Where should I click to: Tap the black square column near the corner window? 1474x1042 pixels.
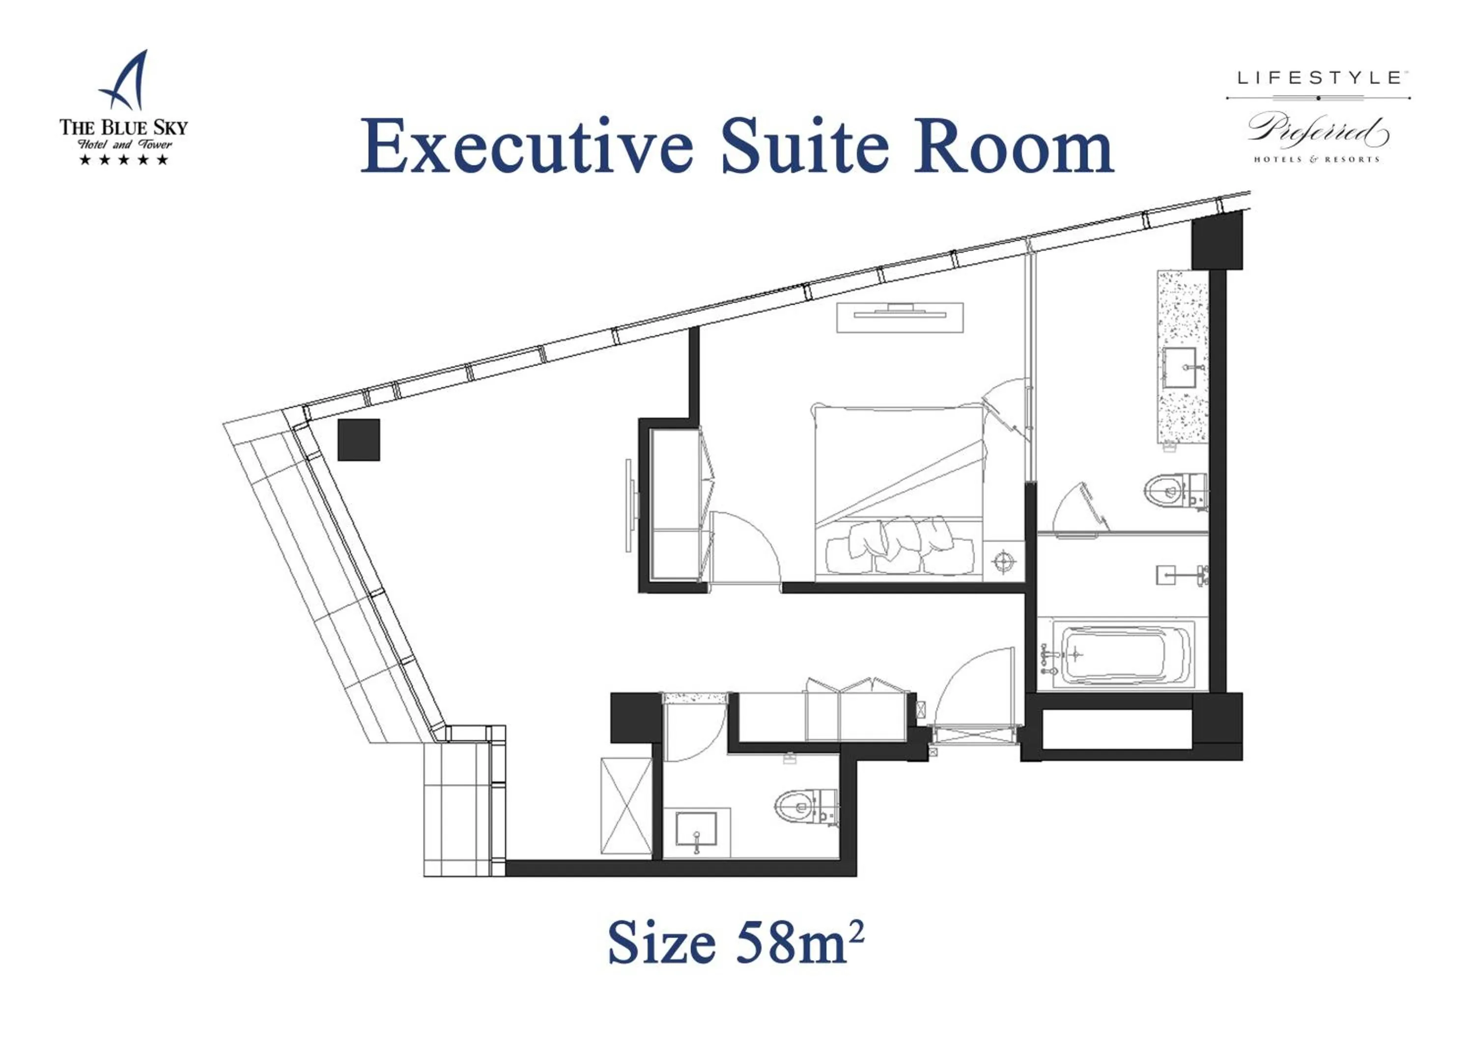(x=358, y=440)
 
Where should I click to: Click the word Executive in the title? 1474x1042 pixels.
(x=526, y=147)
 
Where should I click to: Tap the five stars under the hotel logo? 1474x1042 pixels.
(x=123, y=159)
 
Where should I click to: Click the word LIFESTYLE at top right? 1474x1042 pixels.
(x=1319, y=78)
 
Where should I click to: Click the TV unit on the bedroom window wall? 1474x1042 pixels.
(x=900, y=317)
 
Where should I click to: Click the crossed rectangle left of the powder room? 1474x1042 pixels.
(x=626, y=806)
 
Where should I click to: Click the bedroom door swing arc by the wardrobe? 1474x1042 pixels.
(x=748, y=546)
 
